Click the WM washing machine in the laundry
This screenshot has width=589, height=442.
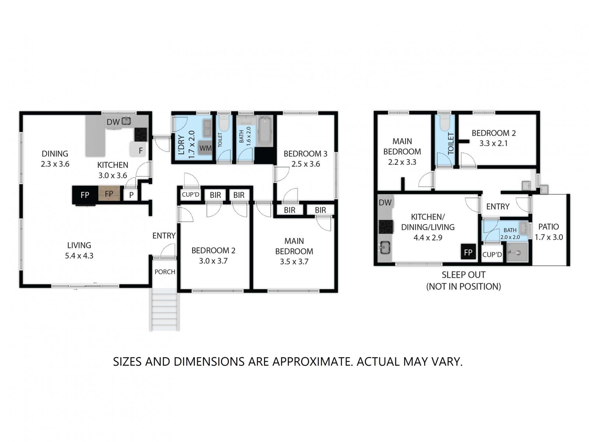coord(204,148)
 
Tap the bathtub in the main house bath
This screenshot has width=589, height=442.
coord(264,131)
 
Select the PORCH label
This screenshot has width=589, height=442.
coord(165,272)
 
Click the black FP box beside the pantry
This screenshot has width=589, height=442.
coord(85,195)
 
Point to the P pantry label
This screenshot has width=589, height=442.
coord(131,195)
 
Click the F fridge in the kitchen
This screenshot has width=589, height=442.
coord(138,150)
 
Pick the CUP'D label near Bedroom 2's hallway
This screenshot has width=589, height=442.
coord(190,194)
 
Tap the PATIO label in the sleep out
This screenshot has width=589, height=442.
coord(549,227)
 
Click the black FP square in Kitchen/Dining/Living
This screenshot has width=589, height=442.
coord(468,252)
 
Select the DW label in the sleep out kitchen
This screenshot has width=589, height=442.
coord(385,203)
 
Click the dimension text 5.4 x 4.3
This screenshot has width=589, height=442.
coord(79,256)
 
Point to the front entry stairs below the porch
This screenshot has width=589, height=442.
coord(164,309)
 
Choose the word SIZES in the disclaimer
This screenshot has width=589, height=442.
coord(127,361)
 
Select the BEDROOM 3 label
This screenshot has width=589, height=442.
coord(305,154)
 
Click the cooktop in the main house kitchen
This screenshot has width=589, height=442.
coord(140,134)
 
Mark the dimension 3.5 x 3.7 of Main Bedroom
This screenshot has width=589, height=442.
coord(294,262)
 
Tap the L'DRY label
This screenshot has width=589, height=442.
coord(181,145)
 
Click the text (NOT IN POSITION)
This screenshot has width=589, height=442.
coord(463,286)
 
